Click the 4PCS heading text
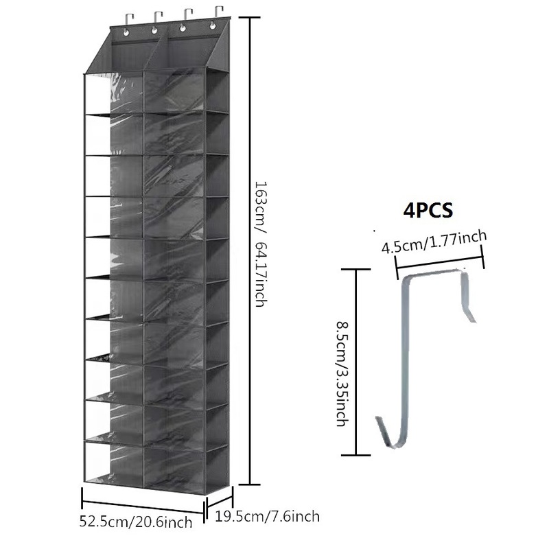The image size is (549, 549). pos(428,209)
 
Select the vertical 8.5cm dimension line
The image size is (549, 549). pos(356,362)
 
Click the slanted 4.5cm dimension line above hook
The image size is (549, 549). pos(440,263)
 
